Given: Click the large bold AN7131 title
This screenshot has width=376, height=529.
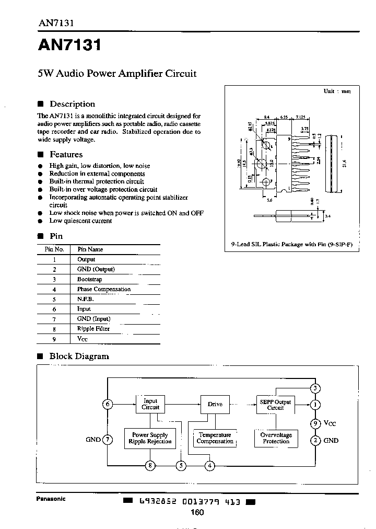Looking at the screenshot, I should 69,45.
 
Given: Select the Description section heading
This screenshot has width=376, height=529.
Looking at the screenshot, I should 72,104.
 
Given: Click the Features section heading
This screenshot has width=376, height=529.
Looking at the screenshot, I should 66,154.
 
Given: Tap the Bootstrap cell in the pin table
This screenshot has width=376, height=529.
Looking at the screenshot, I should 89,279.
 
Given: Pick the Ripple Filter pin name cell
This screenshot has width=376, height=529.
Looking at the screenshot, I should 93,329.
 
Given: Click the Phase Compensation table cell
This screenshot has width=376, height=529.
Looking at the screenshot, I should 103,289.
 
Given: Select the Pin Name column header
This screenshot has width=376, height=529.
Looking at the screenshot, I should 90,249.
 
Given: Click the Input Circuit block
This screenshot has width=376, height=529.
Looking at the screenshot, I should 150,404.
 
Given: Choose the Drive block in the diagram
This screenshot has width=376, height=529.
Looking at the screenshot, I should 215,404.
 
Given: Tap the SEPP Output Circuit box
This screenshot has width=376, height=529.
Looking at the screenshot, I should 275,404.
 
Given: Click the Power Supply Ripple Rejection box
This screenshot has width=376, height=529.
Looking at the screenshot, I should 150,438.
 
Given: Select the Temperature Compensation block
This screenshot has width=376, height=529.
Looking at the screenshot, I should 215,438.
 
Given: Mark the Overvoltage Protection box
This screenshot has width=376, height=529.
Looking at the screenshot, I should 276,438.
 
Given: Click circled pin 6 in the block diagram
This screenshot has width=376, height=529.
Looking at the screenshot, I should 108,404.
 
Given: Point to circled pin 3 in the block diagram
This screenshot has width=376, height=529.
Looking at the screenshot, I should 315,388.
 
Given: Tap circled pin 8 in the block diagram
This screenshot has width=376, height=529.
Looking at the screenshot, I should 150,465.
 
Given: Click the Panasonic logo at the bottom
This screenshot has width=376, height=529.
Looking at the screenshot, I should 51,499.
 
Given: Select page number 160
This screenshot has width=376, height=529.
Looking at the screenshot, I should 197,512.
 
